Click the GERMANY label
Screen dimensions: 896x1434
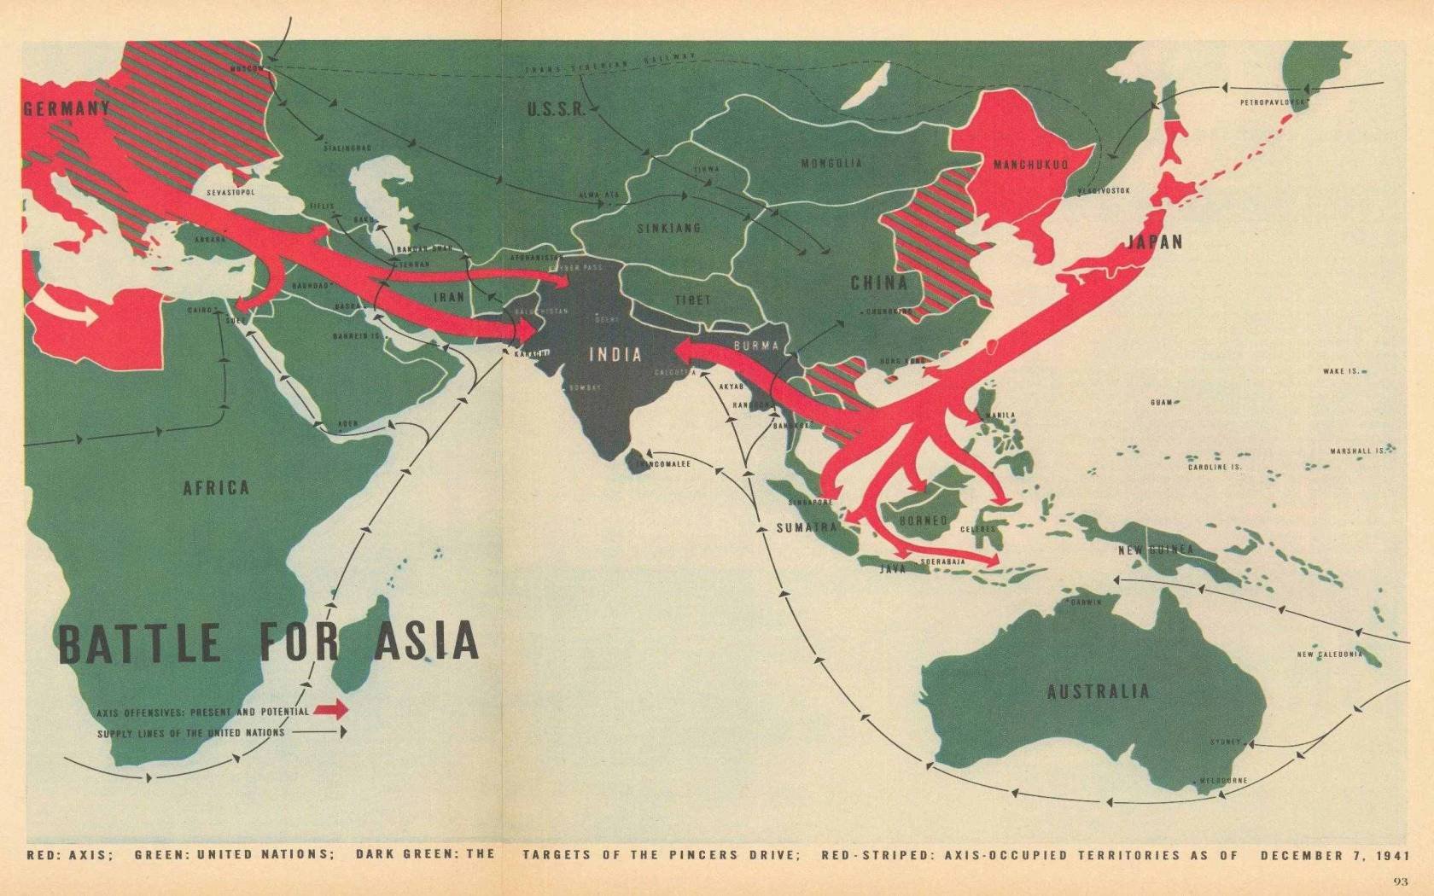pos(67,108)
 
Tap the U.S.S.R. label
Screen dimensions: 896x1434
pos(556,110)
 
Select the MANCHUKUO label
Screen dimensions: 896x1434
pos(1029,165)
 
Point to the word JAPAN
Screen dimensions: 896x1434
pos(1156,241)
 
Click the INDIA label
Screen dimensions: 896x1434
pos(615,355)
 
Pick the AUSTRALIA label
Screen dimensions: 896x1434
pos(1098,691)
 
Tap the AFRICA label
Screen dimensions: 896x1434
pos(216,487)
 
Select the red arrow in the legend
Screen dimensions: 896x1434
pos(332,709)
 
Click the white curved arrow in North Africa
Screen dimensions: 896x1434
pos(78,311)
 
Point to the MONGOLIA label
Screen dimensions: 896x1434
pos(831,163)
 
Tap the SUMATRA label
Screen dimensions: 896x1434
pos(805,528)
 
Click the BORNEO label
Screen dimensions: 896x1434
pos(924,520)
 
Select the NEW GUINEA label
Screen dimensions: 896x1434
pos(1156,550)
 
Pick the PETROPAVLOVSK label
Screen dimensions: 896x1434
pos(1274,102)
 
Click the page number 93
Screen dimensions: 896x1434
pos(1400,882)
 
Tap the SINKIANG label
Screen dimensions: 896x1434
pos(669,229)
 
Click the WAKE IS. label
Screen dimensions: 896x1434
pos(1340,371)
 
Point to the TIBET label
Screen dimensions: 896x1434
pos(692,300)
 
